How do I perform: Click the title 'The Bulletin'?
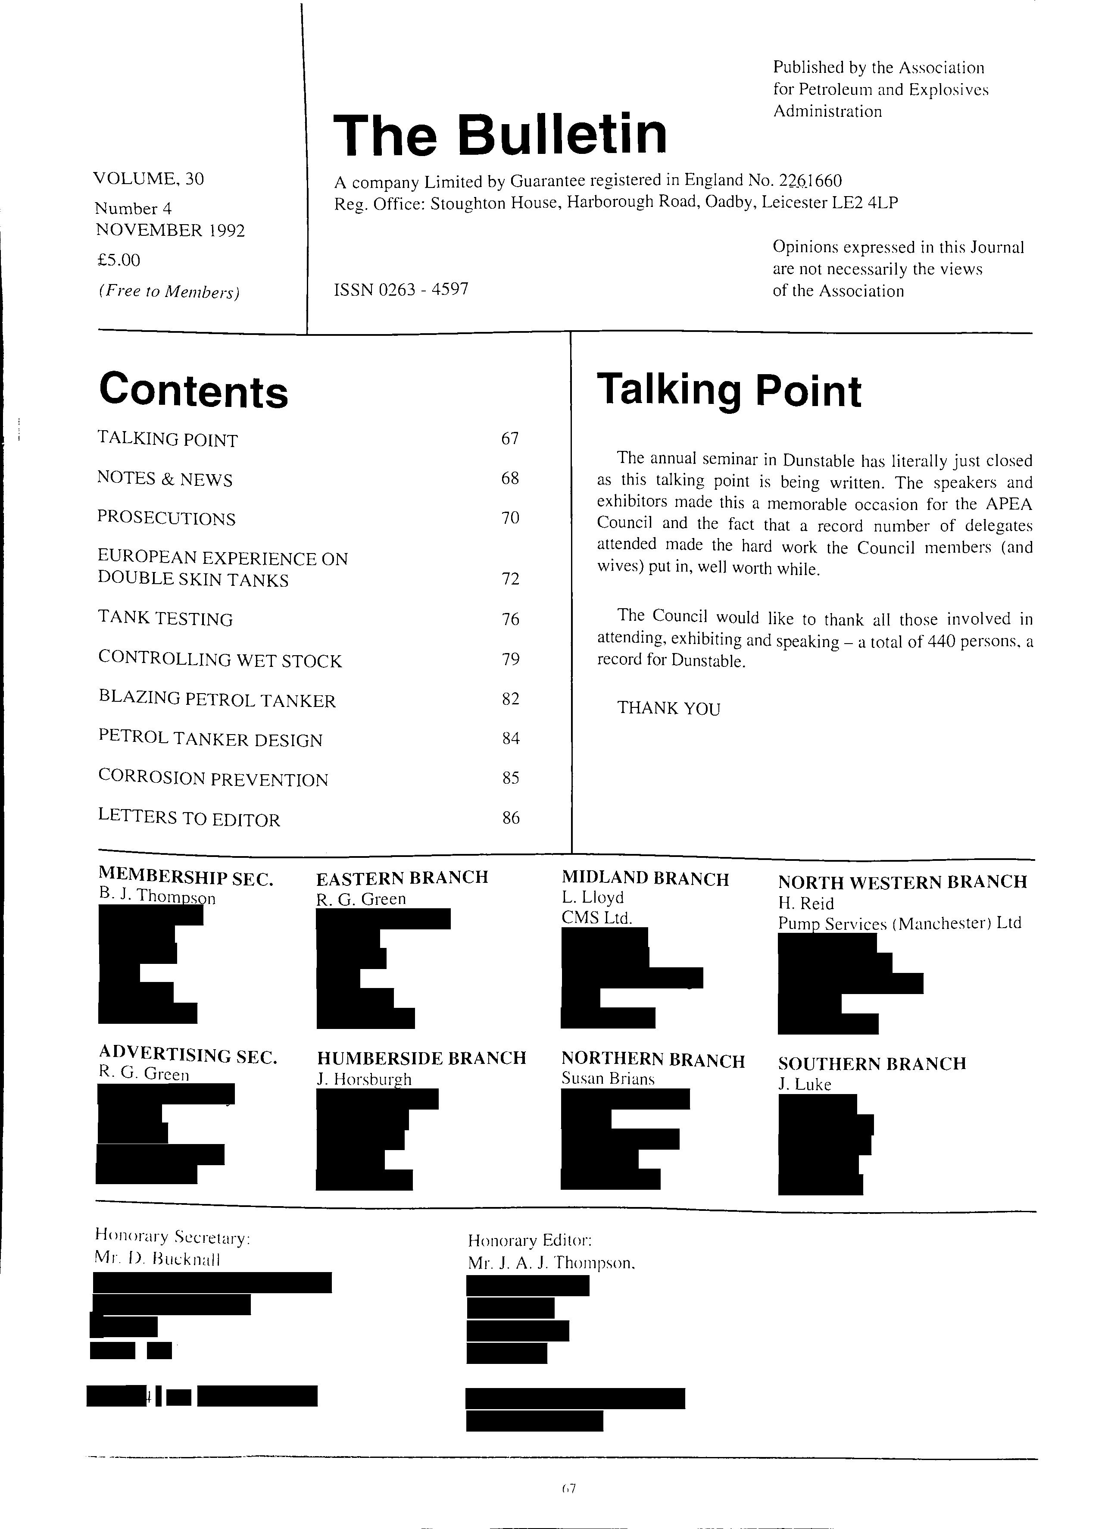[x=499, y=134]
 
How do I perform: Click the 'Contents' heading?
[x=194, y=391]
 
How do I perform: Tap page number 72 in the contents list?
[x=510, y=579]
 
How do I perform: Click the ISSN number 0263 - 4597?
[x=401, y=290]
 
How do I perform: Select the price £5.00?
[x=119, y=260]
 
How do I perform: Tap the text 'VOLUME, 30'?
[x=148, y=178]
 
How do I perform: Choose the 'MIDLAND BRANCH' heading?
[x=645, y=879]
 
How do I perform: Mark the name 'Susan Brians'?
[x=608, y=1079]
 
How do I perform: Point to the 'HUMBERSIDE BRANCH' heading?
[x=421, y=1058]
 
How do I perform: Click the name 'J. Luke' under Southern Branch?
[x=804, y=1085]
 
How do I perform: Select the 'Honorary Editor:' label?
[x=530, y=1241]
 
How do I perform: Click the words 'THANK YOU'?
[x=668, y=709]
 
